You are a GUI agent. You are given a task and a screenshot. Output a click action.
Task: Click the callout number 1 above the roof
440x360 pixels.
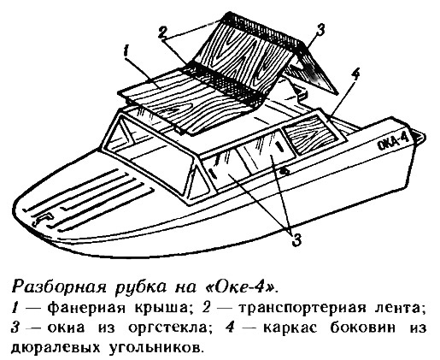(126, 54)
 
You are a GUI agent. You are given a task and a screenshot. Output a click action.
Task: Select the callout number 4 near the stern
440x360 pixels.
(355, 75)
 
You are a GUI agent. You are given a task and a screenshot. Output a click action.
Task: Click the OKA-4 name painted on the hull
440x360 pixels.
(394, 141)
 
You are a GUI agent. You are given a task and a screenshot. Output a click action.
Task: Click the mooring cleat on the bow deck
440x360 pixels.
(43, 218)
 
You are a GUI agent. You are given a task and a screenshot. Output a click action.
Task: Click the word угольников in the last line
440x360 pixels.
(157, 348)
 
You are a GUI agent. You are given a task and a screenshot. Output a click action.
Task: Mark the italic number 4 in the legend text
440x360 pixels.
(230, 328)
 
